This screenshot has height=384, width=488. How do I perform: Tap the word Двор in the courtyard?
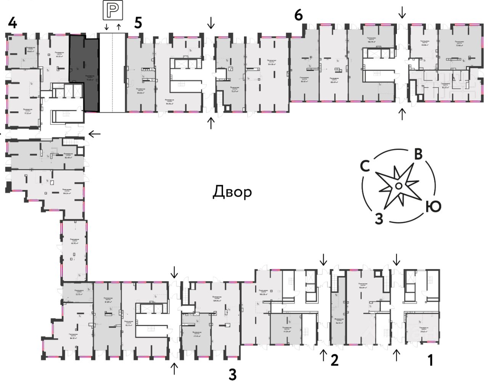(x=232, y=192)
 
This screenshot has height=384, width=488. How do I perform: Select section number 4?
(x=12, y=23)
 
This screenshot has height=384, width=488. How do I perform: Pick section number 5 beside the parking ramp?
(x=138, y=22)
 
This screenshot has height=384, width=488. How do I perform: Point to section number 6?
(x=299, y=16)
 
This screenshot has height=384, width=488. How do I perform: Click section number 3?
(x=233, y=375)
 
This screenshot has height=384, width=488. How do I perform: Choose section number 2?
(x=334, y=360)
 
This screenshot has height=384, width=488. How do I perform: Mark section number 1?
(x=430, y=360)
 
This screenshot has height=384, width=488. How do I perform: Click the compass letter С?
(x=365, y=167)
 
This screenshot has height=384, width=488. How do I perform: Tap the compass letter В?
(x=418, y=154)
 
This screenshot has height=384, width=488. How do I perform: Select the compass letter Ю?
(x=433, y=207)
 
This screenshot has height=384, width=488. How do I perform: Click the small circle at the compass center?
(x=397, y=186)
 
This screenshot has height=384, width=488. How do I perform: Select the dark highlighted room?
(x=84, y=74)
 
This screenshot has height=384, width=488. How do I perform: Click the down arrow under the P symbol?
(x=107, y=27)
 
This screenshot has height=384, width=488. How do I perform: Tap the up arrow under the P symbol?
(x=119, y=27)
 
